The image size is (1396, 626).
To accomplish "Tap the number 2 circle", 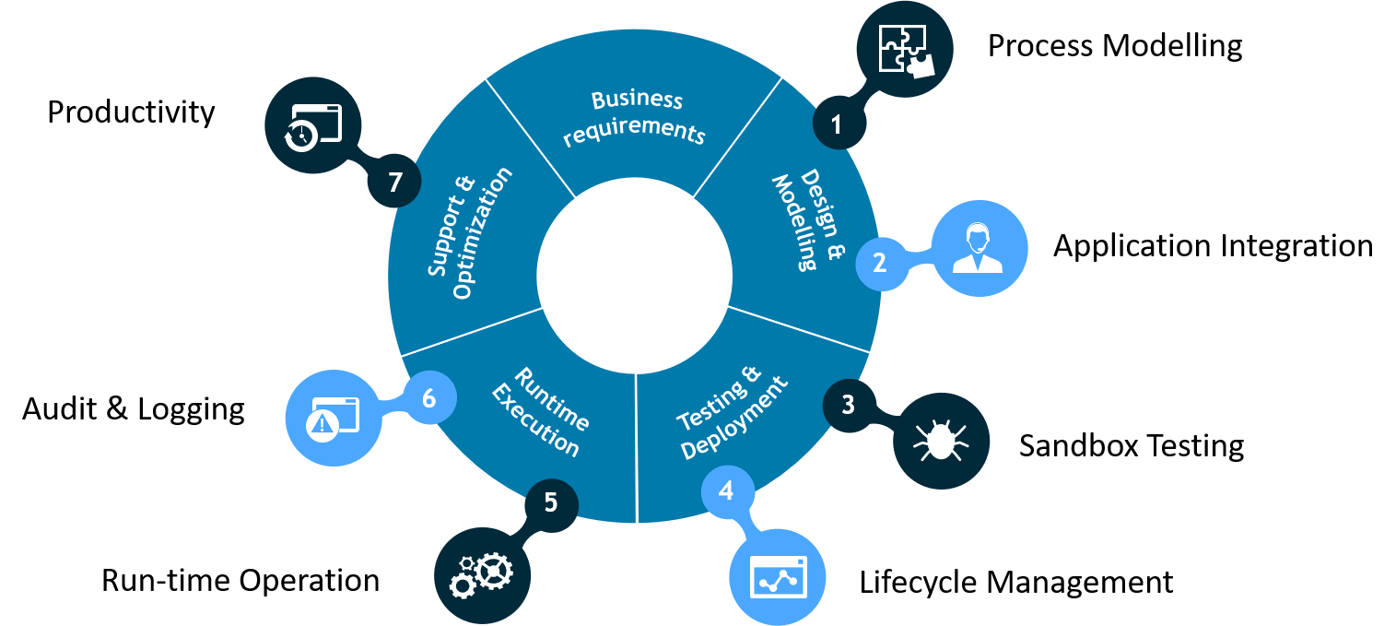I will tap(880, 263).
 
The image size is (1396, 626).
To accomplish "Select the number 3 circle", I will tap(848, 404).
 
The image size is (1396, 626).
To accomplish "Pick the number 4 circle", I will tap(727, 490).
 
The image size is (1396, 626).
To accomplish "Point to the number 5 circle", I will tap(551, 502).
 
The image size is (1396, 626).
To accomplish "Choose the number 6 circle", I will tap(428, 398).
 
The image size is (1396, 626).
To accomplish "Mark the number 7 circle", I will tap(395, 183).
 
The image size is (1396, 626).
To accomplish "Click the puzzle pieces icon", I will tap(904, 51).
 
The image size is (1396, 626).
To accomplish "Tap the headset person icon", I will tap(979, 248).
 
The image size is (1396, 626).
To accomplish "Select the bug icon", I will tap(941, 441).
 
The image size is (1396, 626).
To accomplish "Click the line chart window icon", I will tap(777, 577).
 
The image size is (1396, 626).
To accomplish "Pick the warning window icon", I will tap(333, 418).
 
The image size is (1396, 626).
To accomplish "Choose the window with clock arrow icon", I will tap(312, 126).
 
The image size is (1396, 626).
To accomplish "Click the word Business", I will tap(637, 100).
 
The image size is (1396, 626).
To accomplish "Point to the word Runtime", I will tap(551, 400).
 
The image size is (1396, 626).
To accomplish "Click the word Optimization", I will tap(482, 234).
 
